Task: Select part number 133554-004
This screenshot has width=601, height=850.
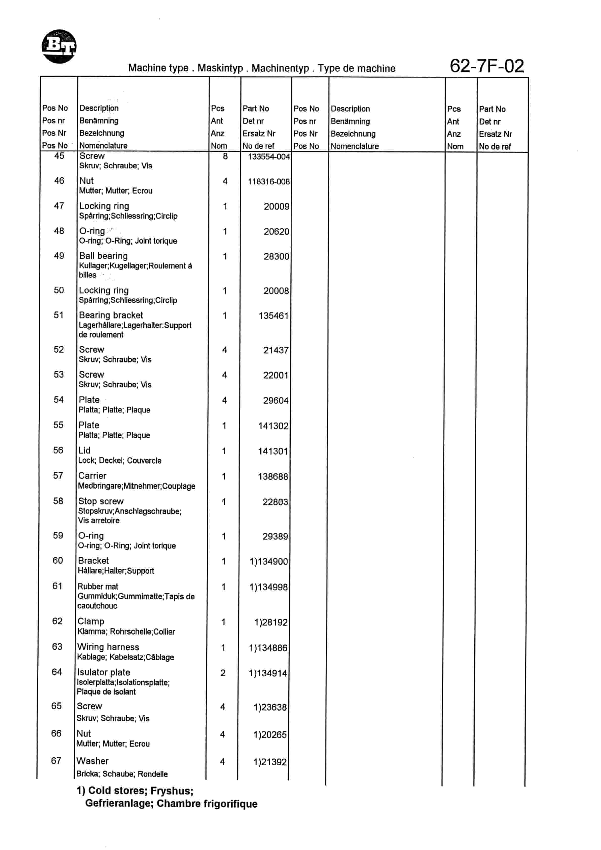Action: (x=269, y=156)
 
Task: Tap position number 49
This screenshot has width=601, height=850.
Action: (x=59, y=256)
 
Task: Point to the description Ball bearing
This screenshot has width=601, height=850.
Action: (x=103, y=256)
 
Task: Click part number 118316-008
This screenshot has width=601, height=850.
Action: (x=269, y=181)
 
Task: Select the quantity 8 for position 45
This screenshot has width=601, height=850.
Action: (x=225, y=156)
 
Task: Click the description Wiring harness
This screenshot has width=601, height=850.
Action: (x=108, y=647)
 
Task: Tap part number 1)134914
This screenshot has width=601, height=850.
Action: (x=268, y=673)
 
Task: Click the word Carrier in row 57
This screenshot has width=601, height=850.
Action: (x=92, y=476)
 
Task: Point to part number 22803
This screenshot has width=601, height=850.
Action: (x=275, y=502)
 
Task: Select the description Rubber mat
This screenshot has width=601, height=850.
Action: (x=98, y=587)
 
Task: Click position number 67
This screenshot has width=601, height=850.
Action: (x=56, y=760)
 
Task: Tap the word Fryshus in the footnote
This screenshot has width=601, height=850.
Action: (x=172, y=791)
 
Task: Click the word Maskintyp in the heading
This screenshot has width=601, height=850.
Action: (x=220, y=68)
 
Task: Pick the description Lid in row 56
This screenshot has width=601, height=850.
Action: (x=84, y=450)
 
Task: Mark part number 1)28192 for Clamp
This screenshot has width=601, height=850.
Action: (x=270, y=622)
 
